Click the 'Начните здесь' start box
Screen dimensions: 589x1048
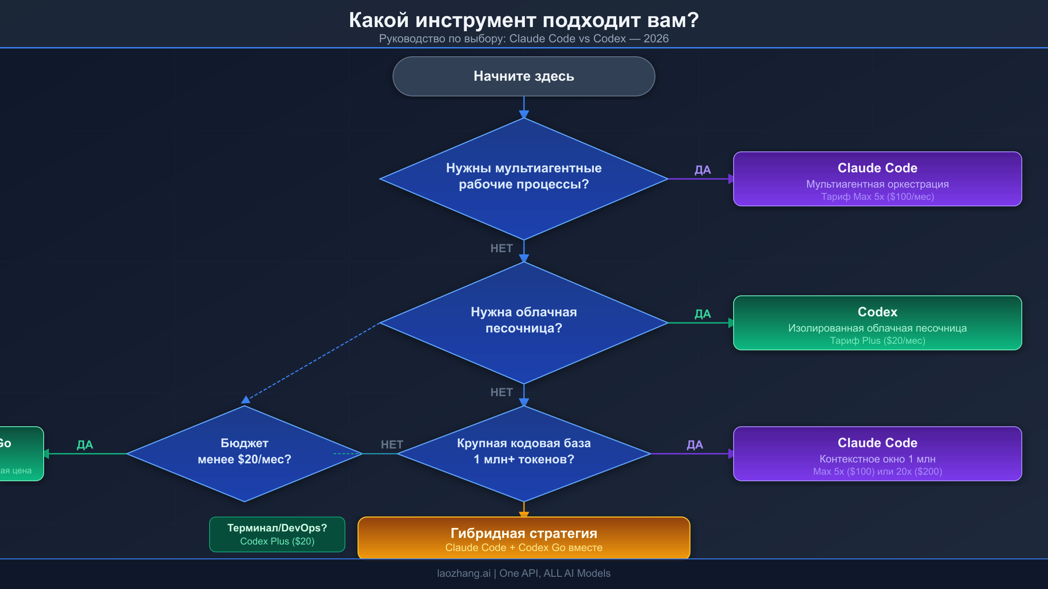point(524,76)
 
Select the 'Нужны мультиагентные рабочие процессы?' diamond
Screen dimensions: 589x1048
point(524,178)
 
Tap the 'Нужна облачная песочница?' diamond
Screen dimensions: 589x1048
point(524,322)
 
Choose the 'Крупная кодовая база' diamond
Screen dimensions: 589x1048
point(524,453)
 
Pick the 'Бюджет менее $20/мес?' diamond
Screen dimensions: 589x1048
point(244,453)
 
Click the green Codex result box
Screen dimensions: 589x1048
point(877,323)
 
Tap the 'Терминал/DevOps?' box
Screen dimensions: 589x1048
point(277,534)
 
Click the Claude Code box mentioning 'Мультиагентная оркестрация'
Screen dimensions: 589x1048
point(877,179)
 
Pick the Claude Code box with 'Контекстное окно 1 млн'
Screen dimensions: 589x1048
point(877,454)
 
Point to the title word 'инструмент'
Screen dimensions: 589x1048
point(476,20)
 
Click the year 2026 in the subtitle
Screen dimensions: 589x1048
point(656,39)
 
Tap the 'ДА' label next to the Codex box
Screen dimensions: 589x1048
point(703,314)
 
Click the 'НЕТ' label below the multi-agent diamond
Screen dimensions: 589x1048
point(501,248)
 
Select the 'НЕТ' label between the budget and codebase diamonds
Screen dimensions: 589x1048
point(392,445)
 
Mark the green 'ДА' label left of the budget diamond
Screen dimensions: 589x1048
point(85,445)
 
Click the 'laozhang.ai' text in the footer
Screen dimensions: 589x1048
point(464,573)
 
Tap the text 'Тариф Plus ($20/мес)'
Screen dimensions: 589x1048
point(877,341)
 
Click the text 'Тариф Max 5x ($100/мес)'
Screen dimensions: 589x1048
point(877,197)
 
